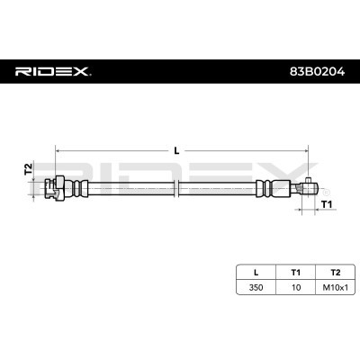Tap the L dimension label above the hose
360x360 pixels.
[x=176, y=151]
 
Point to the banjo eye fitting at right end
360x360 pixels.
[x=306, y=186]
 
